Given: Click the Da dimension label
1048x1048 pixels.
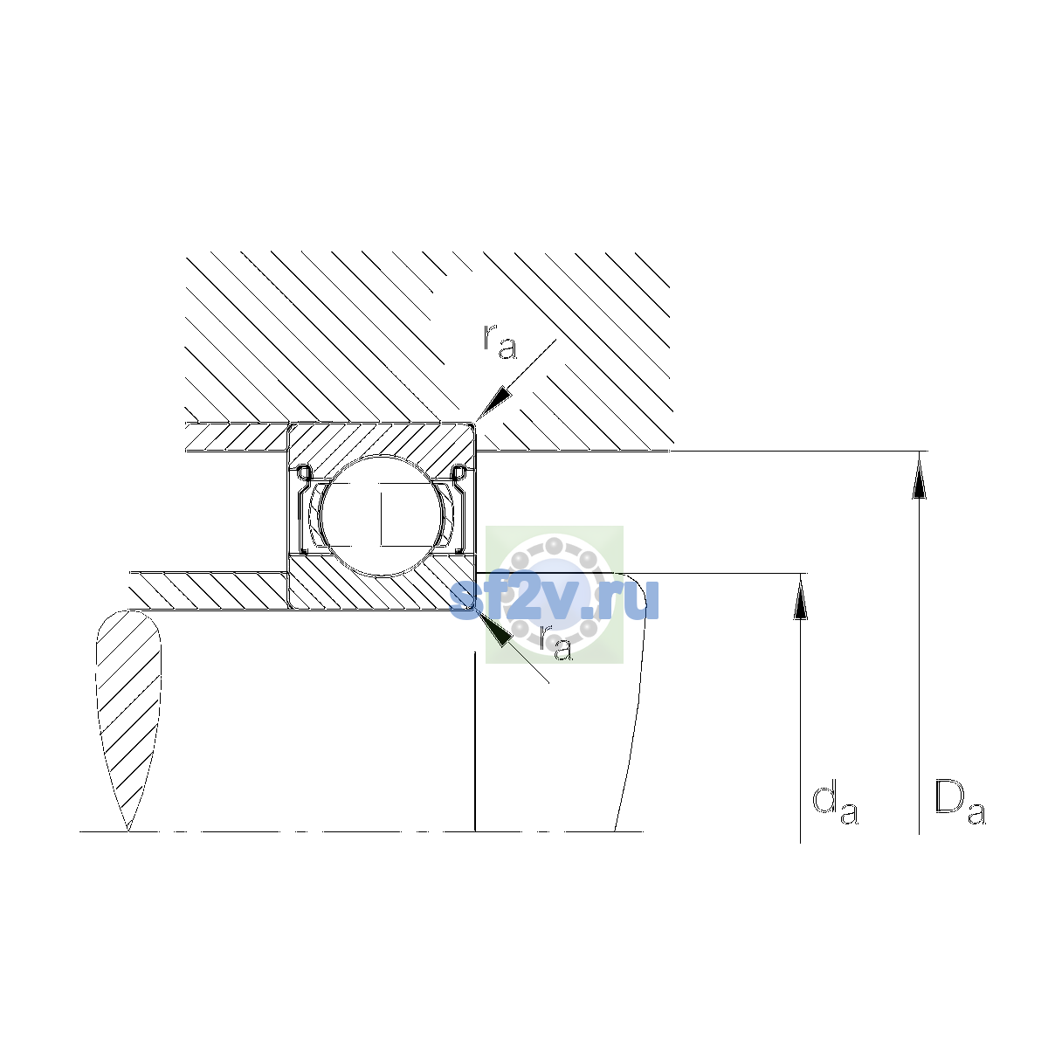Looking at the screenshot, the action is (959, 804).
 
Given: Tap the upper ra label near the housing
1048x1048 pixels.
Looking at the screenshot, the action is (500, 341).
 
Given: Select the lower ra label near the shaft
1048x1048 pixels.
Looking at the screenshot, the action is (555, 643).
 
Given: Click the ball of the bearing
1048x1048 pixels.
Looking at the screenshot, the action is (383, 515).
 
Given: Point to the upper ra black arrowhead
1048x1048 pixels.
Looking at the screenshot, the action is (493, 403).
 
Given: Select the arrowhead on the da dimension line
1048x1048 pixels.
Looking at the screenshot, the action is (800, 597).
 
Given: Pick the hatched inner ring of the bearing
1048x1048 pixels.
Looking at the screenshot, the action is (381, 589).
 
